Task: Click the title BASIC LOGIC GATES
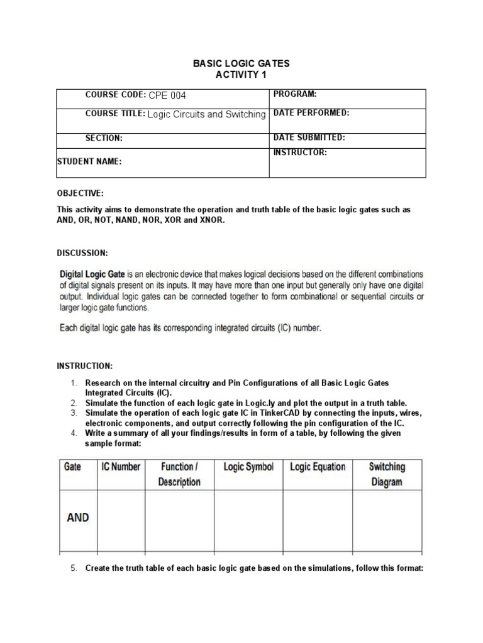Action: pos(241,64)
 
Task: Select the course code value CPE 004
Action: pos(167,95)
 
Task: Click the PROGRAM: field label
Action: pos(294,94)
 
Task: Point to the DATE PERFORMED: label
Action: pos(311,113)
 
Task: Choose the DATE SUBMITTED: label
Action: pos(309,137)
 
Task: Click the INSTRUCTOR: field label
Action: pos(300,153)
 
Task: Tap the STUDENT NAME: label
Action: pos(89,161)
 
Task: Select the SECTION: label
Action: pos(104,138)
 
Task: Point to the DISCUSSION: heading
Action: pos(82,252)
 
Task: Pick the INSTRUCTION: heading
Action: pos(85,365)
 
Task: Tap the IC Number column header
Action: pos(121,467)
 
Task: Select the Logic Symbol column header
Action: pos(248,467)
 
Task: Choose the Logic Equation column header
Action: pos(317,467)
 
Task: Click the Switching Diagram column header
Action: pos(387,475)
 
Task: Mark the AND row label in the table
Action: pos(78,518)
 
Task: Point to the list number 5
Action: pos(73,568)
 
